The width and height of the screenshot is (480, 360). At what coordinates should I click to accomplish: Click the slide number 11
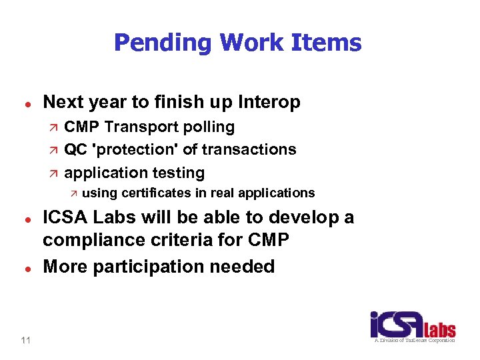25,341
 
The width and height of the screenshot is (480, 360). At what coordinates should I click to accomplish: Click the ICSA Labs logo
413,327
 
